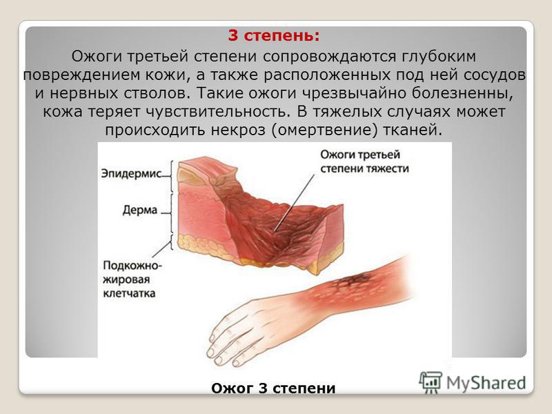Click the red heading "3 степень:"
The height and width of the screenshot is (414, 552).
pyautogui.click(x=274, y=36)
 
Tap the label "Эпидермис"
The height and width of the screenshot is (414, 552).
pyautogui.click(x=131, y=174)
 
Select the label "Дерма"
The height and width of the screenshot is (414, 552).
pyautogui.click(x=140, y=210)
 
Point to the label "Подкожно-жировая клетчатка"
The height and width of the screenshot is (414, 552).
pyautogui.click(x=132, y=279)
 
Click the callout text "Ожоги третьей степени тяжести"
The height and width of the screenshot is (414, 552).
pyautogui.click(x=365, y=161)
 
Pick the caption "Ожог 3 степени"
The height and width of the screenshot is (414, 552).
pyautogui.click(x=273, y=388)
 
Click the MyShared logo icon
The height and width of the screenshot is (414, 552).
pyautogui.click(x=430, y=382)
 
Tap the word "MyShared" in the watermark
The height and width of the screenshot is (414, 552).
pyautogui.click(x=486, y=383)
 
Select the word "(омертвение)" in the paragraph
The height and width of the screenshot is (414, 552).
pyautogui.click(x=324, y=130)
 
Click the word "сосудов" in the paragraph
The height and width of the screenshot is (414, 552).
pyautogui.click(x=495, y=75)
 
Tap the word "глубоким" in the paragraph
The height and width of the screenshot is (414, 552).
pyautogui.click(x=439, y=57)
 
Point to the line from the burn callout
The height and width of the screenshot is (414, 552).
pyautogui.click(x=295, y=203)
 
